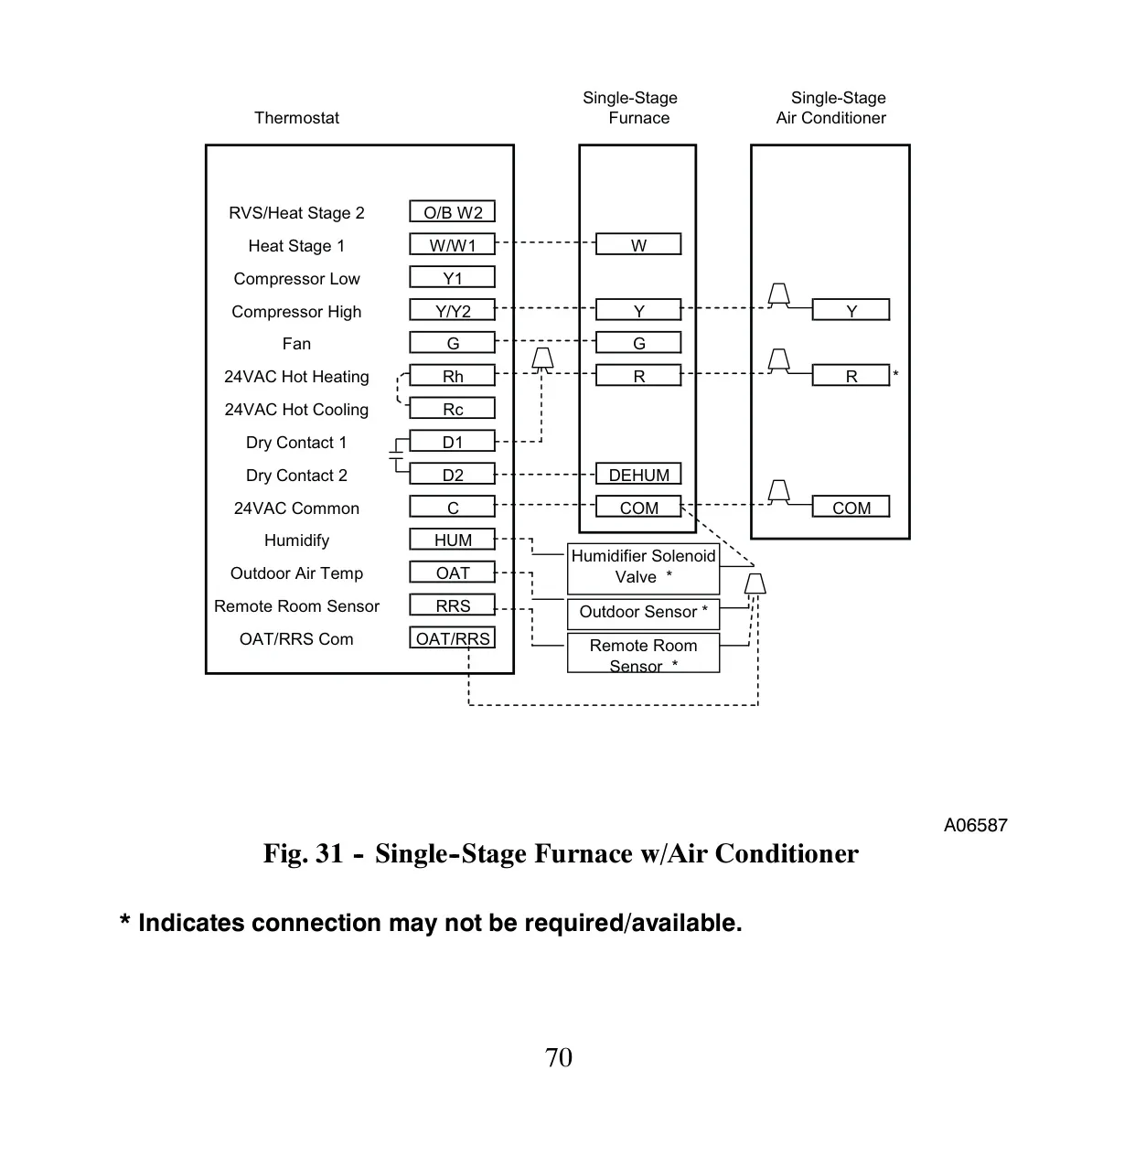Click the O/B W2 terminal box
click(452, 212)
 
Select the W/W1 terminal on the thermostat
click(452, 245)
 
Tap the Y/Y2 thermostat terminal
click(452, 310)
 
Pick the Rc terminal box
click(452, 409)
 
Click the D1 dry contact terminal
click(452, 442)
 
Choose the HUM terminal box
click(452, 540)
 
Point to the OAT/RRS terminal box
click(452, 638)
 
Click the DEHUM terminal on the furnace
click(638, 474)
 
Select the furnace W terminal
click(638, 245)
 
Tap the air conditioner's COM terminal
click(851, 507)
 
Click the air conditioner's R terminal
click(851, 376)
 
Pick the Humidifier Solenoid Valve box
click(643, 569)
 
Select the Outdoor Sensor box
click(643, 614)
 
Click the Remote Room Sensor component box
click(643, 653)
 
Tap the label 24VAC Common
click(296, 508)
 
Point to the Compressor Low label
click(296, 279)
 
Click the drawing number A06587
click(975, 826)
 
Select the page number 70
click(558, 1057)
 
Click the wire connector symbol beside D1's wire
click(542, 359)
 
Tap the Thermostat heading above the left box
click(296, 118)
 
